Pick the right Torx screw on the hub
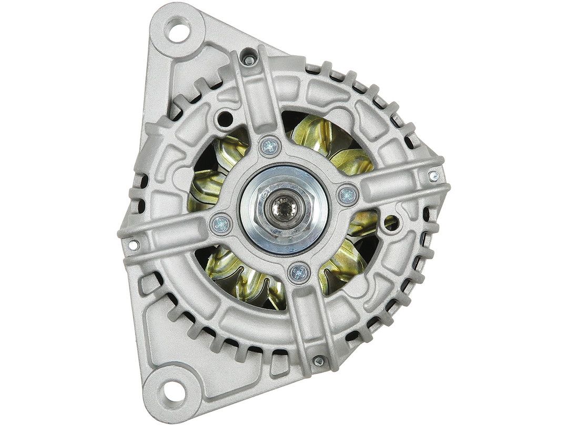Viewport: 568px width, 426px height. [x=348, y=195]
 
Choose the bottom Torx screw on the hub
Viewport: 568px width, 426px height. [x=299, y=272]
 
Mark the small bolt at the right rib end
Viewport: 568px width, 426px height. [x=433, y=176]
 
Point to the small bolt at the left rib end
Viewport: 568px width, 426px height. [x=135, y=245]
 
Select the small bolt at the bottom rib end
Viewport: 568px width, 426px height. [x=319, y=361]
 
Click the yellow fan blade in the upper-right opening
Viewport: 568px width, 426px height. [x=326, y=139]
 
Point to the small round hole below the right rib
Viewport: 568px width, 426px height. [x=391, y=220]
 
